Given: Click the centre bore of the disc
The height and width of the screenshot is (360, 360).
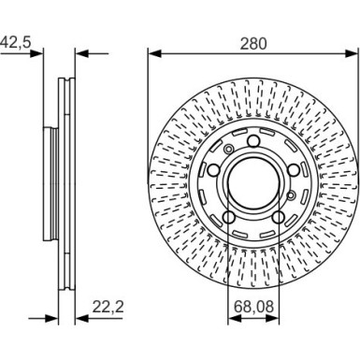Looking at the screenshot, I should pos(253,179).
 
